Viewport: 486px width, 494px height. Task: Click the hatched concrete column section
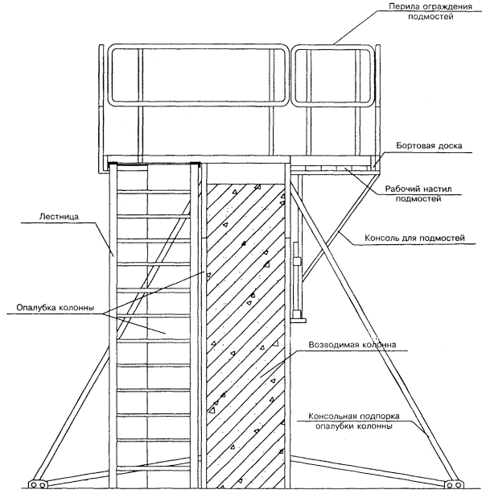[x=245, y=322]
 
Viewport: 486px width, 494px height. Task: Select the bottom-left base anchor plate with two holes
[x=39, y=484]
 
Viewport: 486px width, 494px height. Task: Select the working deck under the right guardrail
[x=334, y=168]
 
